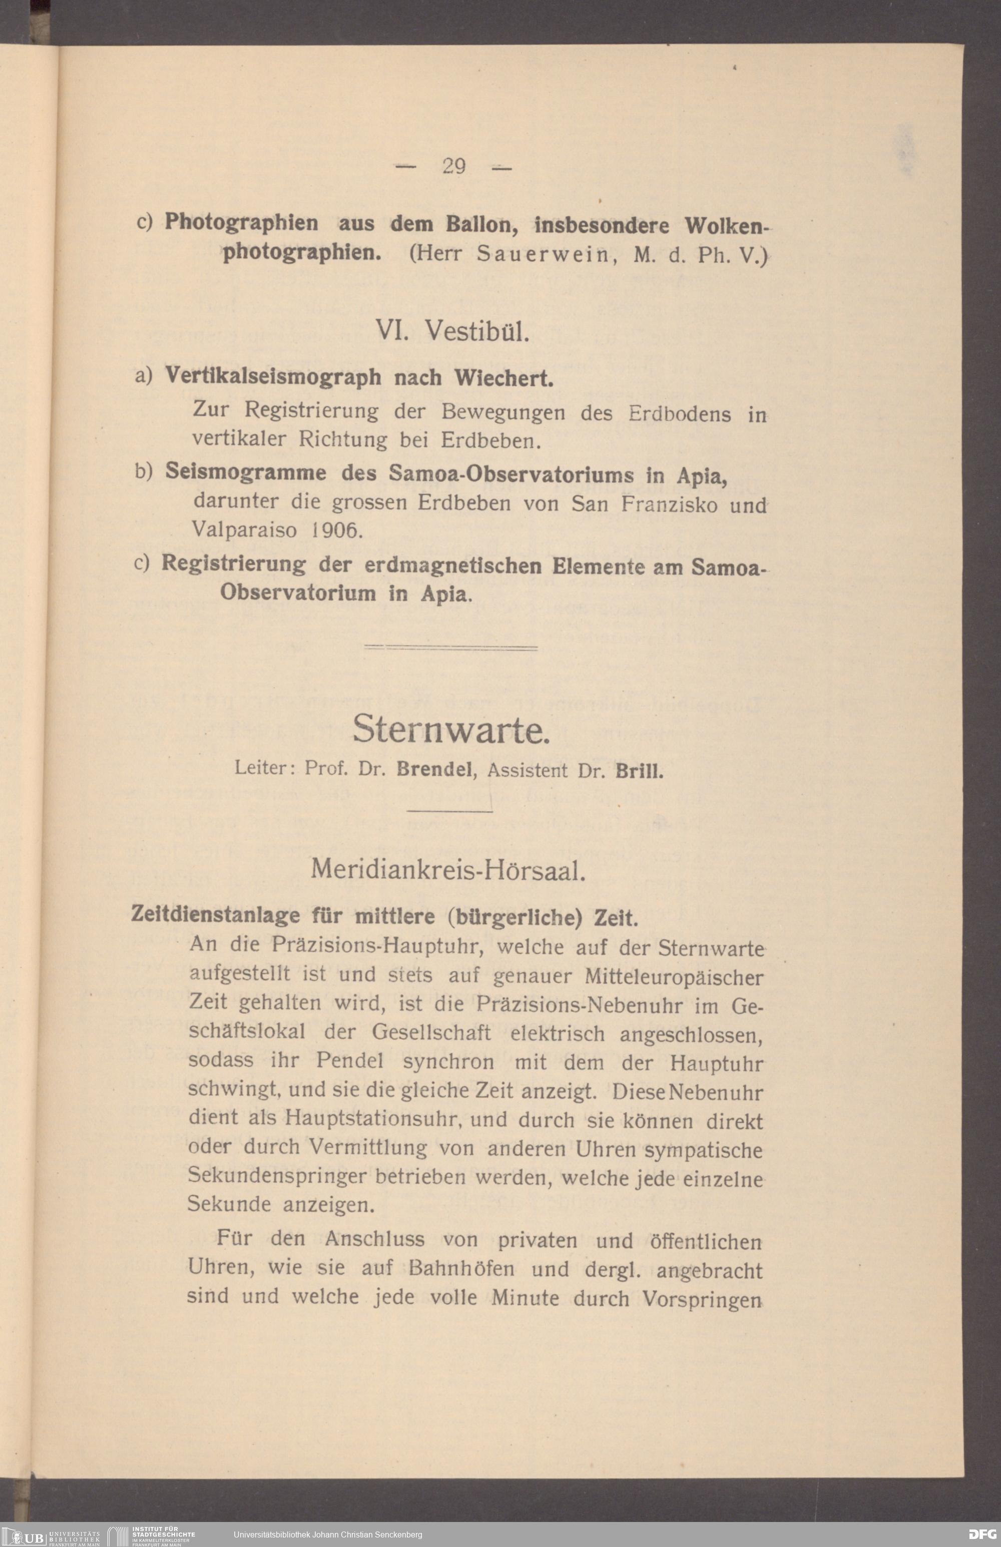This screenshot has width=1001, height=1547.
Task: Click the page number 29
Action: pyautogui.click(x=453, y=166)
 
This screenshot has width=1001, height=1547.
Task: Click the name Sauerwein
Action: pyautogui.click(x=543, y=254)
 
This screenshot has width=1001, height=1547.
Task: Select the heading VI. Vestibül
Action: pyautogui.click(x=453, y=332)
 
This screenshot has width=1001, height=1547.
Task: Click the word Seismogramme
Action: pyautogui.click(x=246, y=472)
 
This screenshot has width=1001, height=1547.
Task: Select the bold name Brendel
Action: pyautogui.click(x=433, y=770)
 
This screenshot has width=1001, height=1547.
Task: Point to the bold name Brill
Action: pyautogui.click(x=639, y=772)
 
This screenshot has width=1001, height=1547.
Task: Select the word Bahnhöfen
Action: pyautogui.click(x=461, y=1269)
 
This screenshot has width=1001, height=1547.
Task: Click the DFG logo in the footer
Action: pyautogui.click(x=981, y=1534)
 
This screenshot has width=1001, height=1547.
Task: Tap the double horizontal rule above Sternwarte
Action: pyautogui.click(x=450, y=648)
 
